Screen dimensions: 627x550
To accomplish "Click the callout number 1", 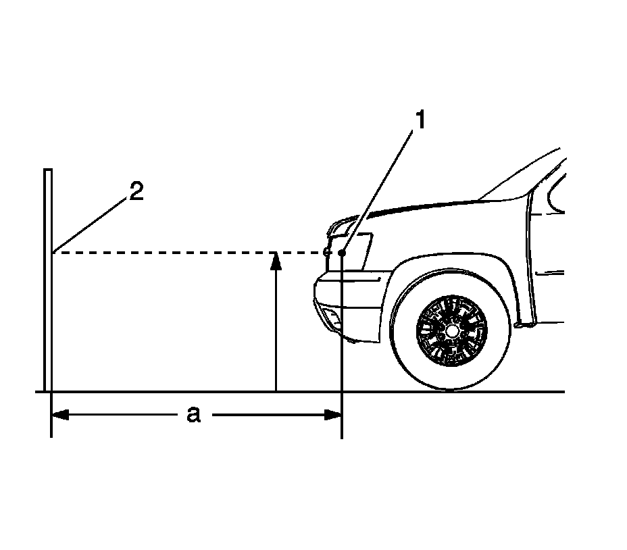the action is click(420, 121).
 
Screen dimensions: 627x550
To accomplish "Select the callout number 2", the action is click(136, 192).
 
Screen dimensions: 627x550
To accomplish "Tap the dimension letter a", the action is click(194, 414).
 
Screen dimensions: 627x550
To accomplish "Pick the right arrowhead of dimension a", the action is click(334, 414).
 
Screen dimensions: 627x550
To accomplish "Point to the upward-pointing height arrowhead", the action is click(275, 260).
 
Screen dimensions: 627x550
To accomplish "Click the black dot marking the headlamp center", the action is click(343, 253).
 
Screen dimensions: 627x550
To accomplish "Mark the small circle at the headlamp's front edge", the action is click(326, 252).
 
